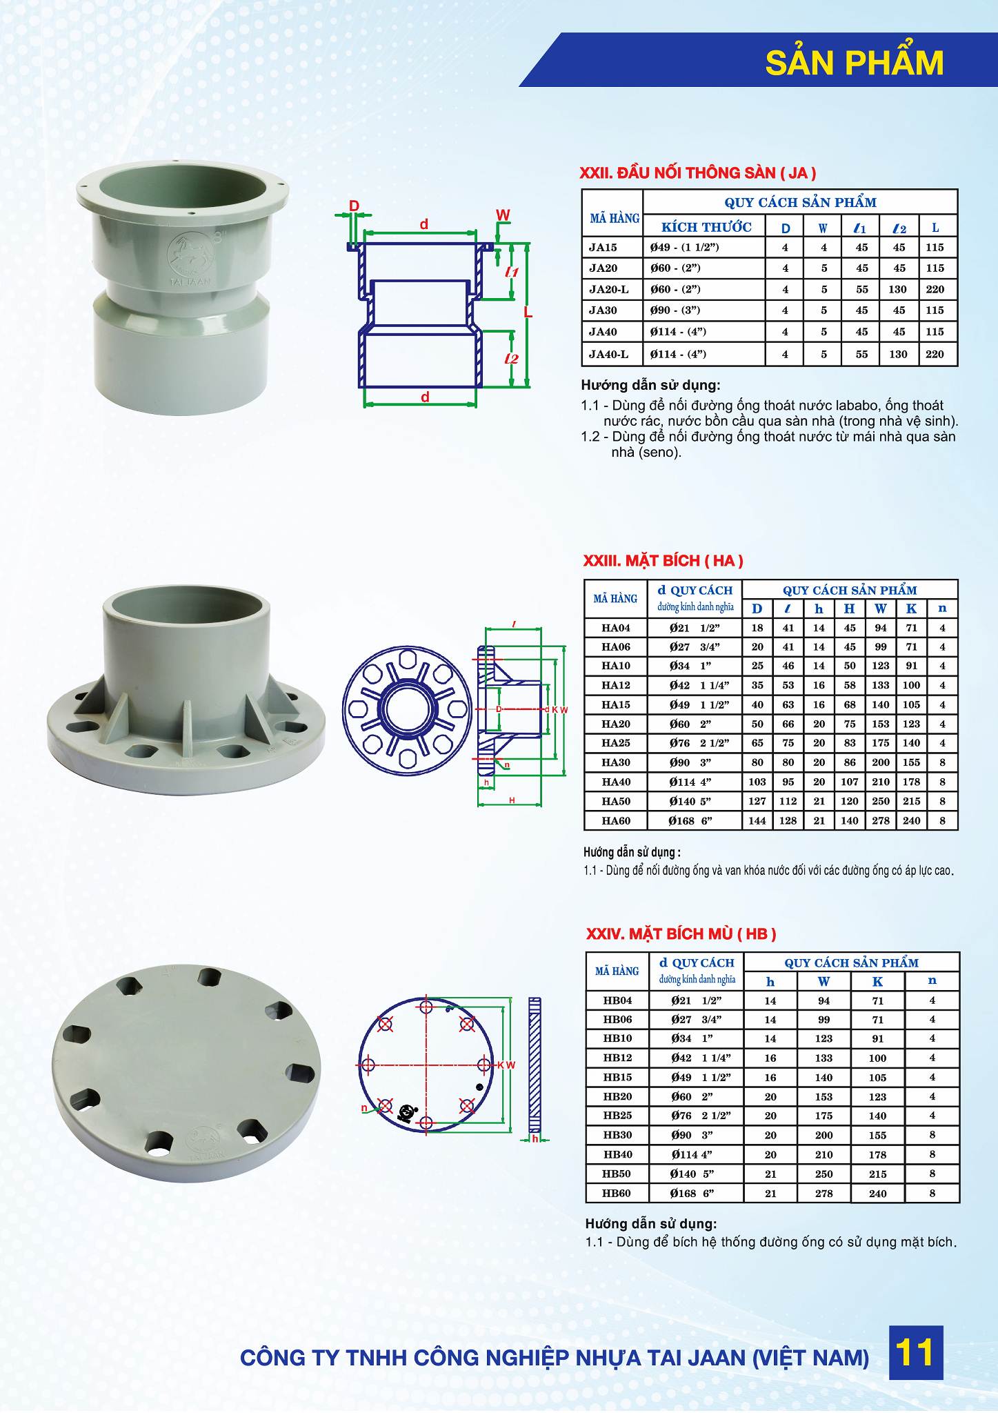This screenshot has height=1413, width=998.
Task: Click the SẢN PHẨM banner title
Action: pos(855,63)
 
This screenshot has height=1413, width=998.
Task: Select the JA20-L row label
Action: pos(609,289)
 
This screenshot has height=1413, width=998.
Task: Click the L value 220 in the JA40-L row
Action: pos(935,354)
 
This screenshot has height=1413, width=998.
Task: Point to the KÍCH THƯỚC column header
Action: pos(706,227)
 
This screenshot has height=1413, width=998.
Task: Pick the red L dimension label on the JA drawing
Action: pos(528,313)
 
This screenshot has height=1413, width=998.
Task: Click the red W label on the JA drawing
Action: pos(503,215)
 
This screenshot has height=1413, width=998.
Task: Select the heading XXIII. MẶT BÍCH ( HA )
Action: pos(663,561)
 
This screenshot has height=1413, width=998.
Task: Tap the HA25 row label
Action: pos(615,743)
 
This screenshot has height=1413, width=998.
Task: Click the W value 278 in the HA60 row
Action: pos(880,820)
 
